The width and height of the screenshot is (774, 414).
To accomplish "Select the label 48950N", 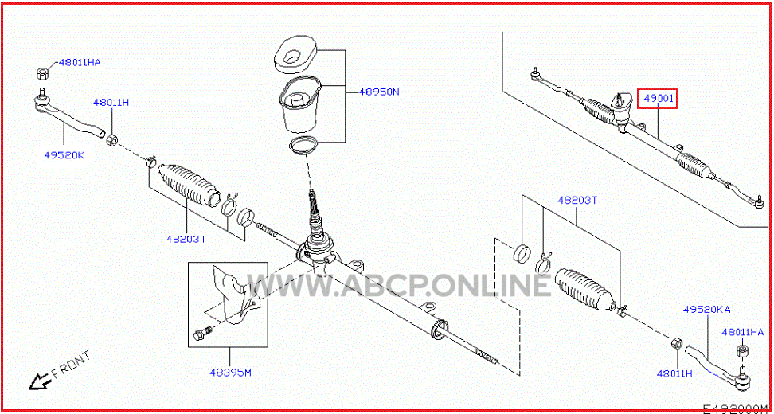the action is click(378, 92).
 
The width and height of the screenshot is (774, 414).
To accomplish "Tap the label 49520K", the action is click(64, 154).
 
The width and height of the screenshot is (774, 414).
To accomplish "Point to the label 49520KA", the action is click(707, 310).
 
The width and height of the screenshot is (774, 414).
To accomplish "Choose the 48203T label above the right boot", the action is click(577, 201).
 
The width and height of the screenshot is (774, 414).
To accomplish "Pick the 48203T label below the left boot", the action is click(186, 240).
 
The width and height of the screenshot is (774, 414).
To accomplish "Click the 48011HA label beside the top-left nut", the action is click(80, 62).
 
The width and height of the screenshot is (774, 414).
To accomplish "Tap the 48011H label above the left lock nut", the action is click(111, 103).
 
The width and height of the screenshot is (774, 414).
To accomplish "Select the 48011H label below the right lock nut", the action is click(674, 373).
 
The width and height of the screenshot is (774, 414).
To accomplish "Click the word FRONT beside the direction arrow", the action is click(71, 365).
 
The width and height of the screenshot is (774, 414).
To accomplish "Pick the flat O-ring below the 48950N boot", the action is click(304, 146).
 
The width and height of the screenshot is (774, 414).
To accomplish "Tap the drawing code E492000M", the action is click(738, 409).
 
